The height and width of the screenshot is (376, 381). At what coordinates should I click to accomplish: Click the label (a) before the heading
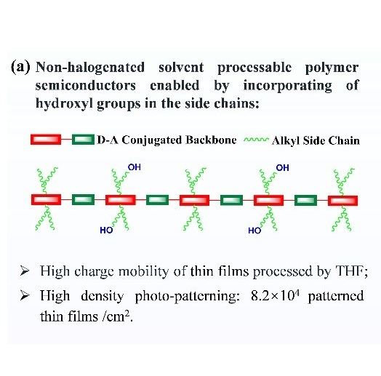20,67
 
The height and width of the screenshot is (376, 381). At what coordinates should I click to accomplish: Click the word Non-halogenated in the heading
90,68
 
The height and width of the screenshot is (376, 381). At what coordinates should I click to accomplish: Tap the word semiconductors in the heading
86,86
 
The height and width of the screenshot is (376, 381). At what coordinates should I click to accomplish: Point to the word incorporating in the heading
288,86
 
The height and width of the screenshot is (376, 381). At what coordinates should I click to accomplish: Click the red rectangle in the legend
46,140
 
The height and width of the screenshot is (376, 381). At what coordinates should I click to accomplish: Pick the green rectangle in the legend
83,140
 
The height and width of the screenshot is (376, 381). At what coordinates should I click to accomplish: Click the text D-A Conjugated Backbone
167,140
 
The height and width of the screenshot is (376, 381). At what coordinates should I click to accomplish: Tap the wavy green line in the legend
257,140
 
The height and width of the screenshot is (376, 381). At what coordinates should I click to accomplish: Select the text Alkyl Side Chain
316,140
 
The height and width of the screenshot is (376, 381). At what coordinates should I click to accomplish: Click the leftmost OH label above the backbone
135,167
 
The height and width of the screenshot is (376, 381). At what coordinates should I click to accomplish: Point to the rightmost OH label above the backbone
283,168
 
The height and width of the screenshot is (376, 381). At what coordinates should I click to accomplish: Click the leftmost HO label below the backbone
106,230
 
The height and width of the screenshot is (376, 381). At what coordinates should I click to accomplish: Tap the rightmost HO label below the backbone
254,231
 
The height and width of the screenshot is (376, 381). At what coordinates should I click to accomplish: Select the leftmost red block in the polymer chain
46,199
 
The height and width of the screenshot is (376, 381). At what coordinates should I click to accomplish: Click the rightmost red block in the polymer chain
342,201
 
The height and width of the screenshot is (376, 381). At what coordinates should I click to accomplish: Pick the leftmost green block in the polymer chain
83,199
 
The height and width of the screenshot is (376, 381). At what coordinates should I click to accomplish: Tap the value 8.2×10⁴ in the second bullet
275,296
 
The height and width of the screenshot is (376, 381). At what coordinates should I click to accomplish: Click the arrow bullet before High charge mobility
25,271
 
